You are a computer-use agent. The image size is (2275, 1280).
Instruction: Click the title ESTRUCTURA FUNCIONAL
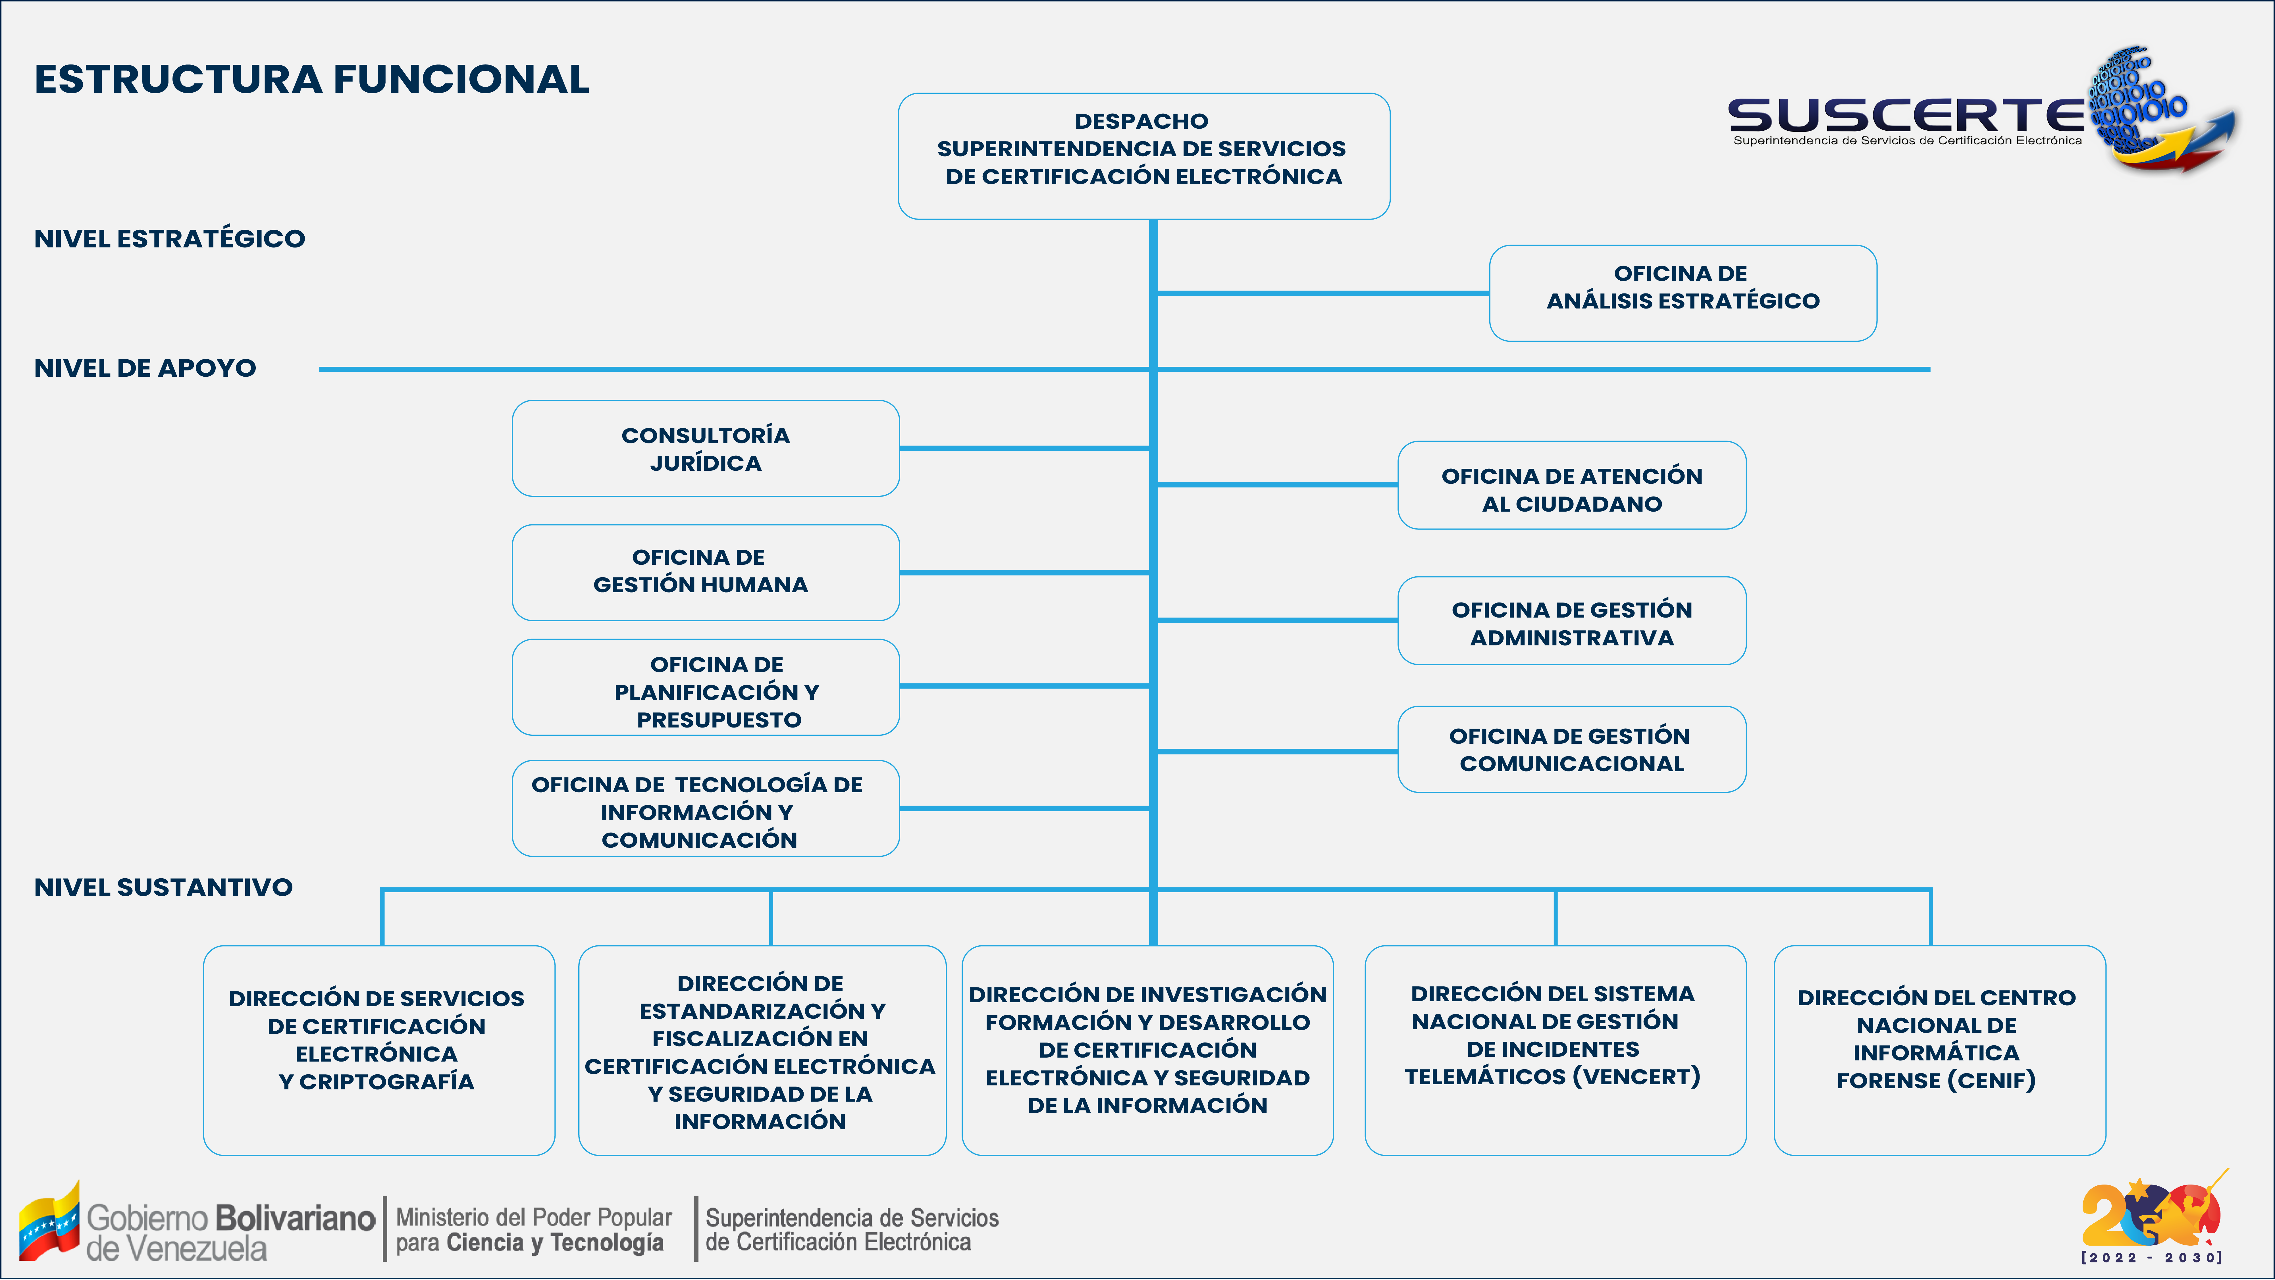coord(312,80)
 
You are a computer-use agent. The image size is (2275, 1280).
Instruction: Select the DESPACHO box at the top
coord(1144,156)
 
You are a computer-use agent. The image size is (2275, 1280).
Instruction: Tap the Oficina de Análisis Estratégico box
coord(1683,293)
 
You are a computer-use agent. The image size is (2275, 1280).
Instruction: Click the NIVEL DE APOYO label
coord(145,368)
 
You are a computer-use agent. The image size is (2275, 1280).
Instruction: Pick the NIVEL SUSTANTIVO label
coord(163,887)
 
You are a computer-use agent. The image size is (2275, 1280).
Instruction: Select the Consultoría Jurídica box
coord(706,449)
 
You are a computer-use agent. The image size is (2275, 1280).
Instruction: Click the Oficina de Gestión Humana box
coord(706,572)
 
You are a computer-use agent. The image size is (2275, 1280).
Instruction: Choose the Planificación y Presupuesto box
coord(706,687)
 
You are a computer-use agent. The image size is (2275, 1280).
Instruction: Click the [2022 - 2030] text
coord(2152,1257)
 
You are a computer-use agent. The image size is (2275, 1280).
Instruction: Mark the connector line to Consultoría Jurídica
coord(1024,449)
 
